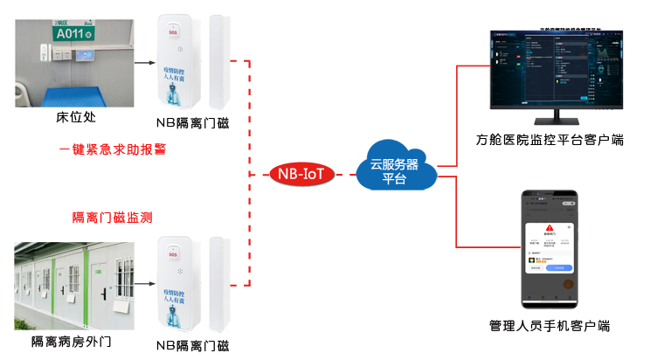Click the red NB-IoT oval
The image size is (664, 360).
300,173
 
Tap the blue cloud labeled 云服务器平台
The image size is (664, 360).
394,170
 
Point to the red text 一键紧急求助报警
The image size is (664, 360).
113,149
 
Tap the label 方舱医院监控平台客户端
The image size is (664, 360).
550,141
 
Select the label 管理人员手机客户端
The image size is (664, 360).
550,326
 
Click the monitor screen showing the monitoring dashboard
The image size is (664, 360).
549,68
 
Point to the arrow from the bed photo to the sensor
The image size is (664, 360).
144,62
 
